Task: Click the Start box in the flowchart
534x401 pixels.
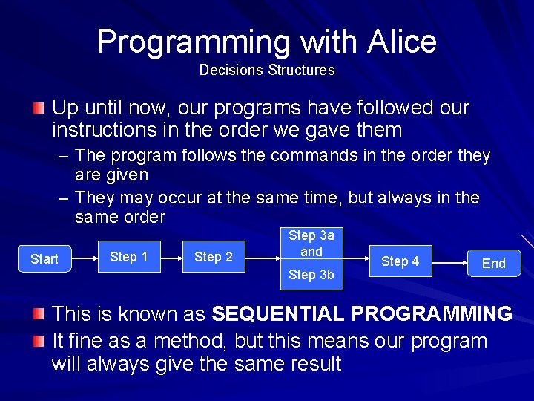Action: tap(44, 259)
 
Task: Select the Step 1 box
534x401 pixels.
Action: tap(129, 257)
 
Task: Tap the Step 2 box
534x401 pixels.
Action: tap(214, 257)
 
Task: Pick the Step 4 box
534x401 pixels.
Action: tap(400, 261)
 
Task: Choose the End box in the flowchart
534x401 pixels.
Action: tap(494, 263)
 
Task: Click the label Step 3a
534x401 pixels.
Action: tap(311, 235)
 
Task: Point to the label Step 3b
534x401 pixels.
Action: tap(311, 275)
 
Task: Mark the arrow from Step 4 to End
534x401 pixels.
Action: tap(449, 262)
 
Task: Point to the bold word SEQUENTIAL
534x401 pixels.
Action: tap(278, 314)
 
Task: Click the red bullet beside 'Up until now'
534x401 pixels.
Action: tap(39, 109)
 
